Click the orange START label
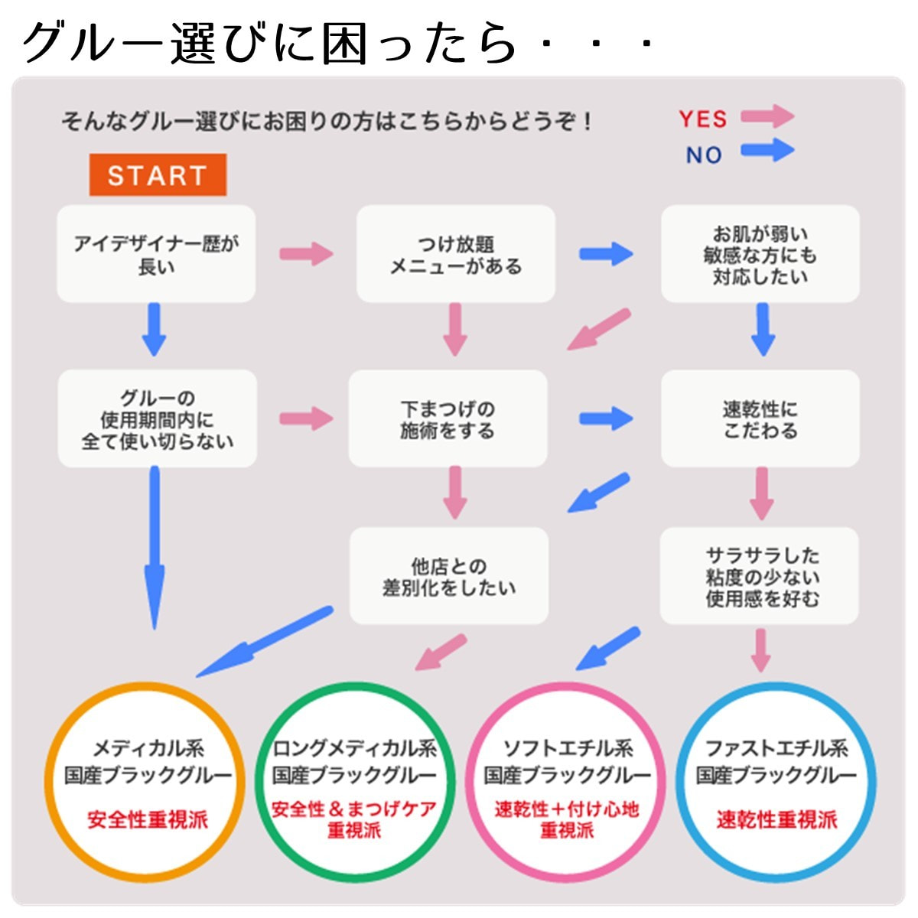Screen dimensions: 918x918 click(158, 175)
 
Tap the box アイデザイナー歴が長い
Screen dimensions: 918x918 click(156, 253)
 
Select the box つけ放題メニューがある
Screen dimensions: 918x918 click(455, 253)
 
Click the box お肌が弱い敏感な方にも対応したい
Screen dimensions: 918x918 click(760, 253)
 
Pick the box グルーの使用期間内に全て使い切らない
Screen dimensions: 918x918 click(157, 418)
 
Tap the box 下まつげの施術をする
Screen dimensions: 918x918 click(448, 418)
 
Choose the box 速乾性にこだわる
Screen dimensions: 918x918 click(760, 418)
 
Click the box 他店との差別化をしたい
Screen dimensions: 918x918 click(448, 576)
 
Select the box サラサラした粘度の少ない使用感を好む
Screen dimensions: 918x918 click(760, 576)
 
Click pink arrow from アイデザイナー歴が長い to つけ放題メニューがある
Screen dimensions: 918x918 click(306, 254)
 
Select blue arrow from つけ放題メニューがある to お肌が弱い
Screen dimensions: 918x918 click(606, 254)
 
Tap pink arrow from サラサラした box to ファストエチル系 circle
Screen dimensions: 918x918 click(760, 649)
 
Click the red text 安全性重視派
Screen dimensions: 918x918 click(147, 820)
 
